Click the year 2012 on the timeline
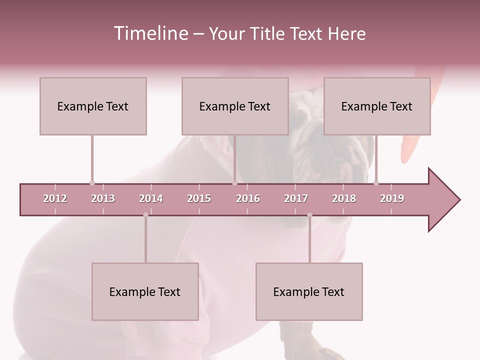(55, 198)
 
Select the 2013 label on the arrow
(103, 198)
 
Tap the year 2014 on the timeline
(151, 198)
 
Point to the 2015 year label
(199, 198)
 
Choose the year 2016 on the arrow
(248, 198)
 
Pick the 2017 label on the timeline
(296, 198)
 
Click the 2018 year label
(344, 198)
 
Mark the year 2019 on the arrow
(392, 198)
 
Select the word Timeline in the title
(150, 33)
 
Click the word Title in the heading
(267, 33)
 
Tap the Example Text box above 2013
(93, 106)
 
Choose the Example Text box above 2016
(235, 106)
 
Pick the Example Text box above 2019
(377, 106)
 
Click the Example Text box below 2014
(145, 291)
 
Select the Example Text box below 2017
(309, 291)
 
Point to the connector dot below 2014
(145, 215)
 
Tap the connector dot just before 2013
(92, 183)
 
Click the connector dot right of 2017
(309, 215)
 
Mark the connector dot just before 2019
(376, 183)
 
